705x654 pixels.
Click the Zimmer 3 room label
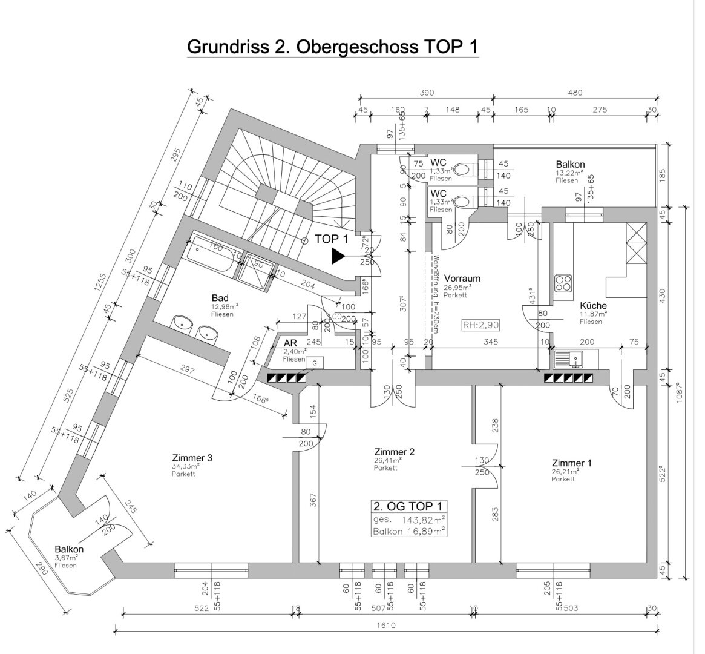(192, 458)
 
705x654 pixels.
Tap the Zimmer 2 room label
(394, 452)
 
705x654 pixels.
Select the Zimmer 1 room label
(571, 463)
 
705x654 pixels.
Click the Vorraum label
(462, 279)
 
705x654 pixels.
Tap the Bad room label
(220, 298)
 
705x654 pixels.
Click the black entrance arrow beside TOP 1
(338, 256)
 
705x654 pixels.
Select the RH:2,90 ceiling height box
(480, 324)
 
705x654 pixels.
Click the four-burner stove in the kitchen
(563, 283)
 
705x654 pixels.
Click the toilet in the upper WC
(464, 169)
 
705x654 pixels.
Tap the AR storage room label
(290, 343)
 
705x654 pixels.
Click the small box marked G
(315, 362)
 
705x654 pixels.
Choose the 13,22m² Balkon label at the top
(570, 164)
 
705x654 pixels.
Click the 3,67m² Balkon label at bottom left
(68, 550)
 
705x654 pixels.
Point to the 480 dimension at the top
(575, 93)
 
